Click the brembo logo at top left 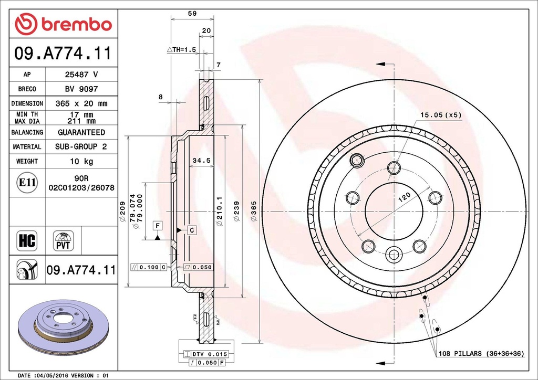(x=64, y=24)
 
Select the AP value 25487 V (x=81, y=75)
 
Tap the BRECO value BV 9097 (x=81, y=89)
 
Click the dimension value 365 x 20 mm (x=81, y=103)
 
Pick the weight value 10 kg (x=81, y=161)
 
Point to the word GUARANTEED (x=81, y=132)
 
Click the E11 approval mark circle (x=27, y=183)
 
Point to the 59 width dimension (x=192, y=14)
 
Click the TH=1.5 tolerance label (x=181, y=49)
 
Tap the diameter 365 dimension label (x=253, y=210)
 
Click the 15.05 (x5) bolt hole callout (x=440, y=114)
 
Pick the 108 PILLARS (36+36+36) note (x=481, y=354)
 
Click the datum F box (x=157, y=226)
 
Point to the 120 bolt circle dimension (x=403, y=198)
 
